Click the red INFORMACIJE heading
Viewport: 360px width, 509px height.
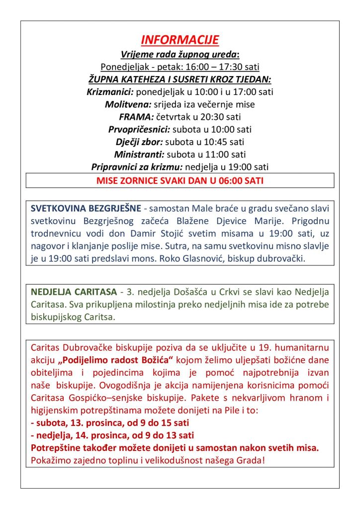click(x=180, y=40)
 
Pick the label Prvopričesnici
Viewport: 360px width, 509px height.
click(x=139, y=130)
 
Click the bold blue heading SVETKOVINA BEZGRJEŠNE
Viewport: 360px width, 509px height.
click(x=86, y=208)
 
